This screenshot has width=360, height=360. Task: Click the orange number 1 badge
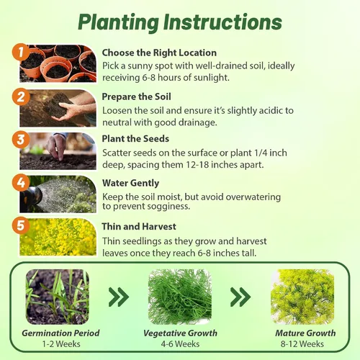tap(21, 52)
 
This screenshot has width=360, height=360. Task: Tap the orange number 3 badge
tap(21, 140)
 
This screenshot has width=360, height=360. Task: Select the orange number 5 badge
tap(21, 225)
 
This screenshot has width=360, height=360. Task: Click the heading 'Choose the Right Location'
tap(159, 53)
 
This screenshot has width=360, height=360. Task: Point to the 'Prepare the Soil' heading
tap(136, 96)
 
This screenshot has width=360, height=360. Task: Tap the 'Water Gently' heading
tap(130, 183)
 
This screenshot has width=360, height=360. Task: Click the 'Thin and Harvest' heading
tap(139, 227)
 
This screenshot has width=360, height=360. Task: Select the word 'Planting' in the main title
tap(119, 22)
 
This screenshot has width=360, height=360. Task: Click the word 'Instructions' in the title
tap(222, 22)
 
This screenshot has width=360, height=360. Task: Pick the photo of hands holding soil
tap(58, 108)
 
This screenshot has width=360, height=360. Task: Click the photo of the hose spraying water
tap(58, 194)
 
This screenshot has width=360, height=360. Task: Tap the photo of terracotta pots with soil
tap(58, 63)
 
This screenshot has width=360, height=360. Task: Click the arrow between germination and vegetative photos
tap(119, 297)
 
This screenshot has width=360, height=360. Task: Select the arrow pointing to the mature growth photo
tap(240, 297)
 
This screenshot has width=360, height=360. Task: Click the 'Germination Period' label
tap(60, 333)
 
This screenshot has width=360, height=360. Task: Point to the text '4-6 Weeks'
tap(180, 344)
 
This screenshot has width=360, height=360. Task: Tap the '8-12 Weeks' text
tap(302, 344)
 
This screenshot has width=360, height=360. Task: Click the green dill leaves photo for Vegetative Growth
tap(180, 297)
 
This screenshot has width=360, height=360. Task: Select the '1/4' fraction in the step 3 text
tap(259, 153)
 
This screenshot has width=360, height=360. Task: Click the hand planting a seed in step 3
tap(55, 146)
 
